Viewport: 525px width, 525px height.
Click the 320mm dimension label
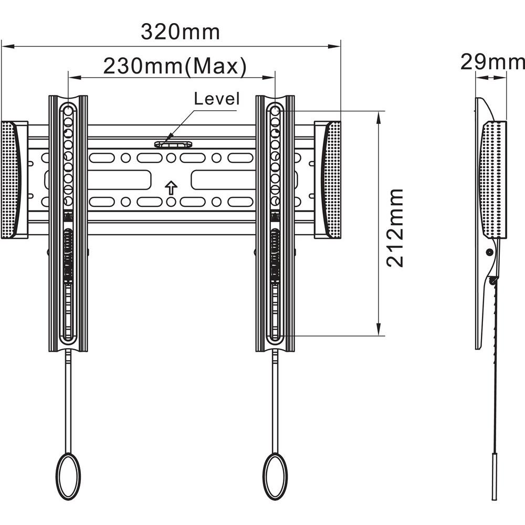180,32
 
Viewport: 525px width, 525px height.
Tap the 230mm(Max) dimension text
175,66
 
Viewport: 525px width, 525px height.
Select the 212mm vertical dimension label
395,228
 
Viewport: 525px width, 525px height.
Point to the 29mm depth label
492,62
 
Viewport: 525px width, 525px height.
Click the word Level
217,99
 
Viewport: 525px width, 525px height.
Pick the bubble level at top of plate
173,144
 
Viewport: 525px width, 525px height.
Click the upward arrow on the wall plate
171,188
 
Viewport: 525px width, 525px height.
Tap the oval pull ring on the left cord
68,476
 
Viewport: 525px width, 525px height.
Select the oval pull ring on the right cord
275,476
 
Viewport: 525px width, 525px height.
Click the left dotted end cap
10,180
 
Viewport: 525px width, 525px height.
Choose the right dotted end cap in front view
331,180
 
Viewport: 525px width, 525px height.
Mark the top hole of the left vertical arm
68,110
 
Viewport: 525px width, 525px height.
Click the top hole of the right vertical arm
275,110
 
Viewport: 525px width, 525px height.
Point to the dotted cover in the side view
493,180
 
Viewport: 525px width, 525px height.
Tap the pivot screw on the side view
489,252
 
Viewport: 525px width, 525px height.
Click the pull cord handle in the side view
494,477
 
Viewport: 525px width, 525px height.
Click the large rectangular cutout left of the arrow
119,180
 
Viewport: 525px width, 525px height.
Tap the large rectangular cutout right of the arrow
224,180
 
